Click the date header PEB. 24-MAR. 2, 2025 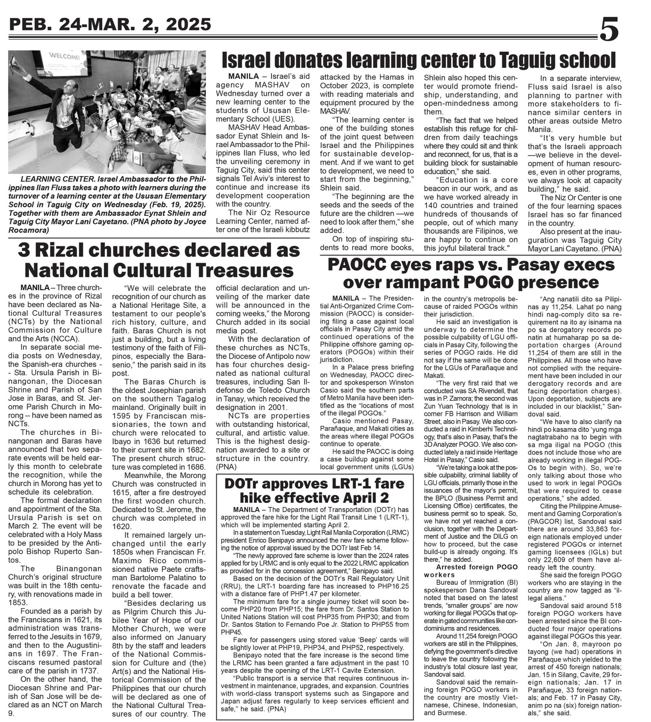(110, 25)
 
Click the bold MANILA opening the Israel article (243, 76)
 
